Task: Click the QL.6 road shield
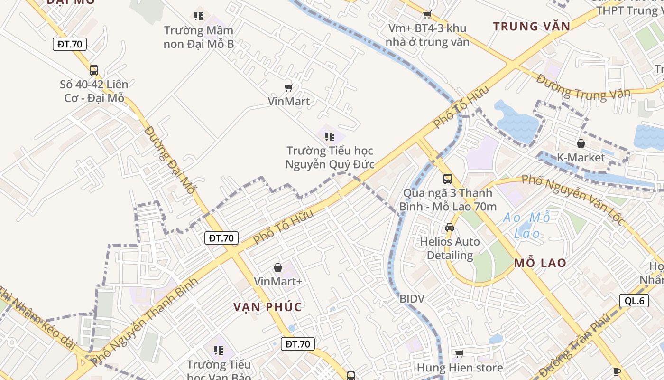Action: pyautogui.click(x=634, y=301)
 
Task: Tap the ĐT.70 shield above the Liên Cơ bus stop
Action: pyautogui.click(x=70, y=44)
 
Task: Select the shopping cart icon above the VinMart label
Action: pyautogui.click(x=288, y=87)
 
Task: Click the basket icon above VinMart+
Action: pyautogui.click(x=278, y=267)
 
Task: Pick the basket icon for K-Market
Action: pyautogui.click(x=581, y=143)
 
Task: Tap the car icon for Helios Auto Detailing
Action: pyautogui.click(x=449, y=228)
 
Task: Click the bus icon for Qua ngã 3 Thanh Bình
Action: pyautogui.click(x=448, y=179)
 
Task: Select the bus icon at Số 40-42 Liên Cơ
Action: pyautogui.click(x=94, y=70)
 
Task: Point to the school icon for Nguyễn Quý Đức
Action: pyautogui.click(x=330, y=137)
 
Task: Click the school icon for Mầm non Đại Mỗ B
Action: pyautogui.click(x=199, y=16)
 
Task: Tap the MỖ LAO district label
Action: pyautogui.click(x=540, y=263)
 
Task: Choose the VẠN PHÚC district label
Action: pyautogui.click(x=267, y=307)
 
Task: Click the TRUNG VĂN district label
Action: pyautogui.click(x=531, y=26)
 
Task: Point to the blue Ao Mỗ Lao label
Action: pyautogui.click(x=526, y=225)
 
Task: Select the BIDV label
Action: pyautogui.click(x=412, y=299)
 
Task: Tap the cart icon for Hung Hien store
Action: pyautogui.click(x=459, y=353)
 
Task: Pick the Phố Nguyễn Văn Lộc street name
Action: pyautogui.click(x=573, y=199)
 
